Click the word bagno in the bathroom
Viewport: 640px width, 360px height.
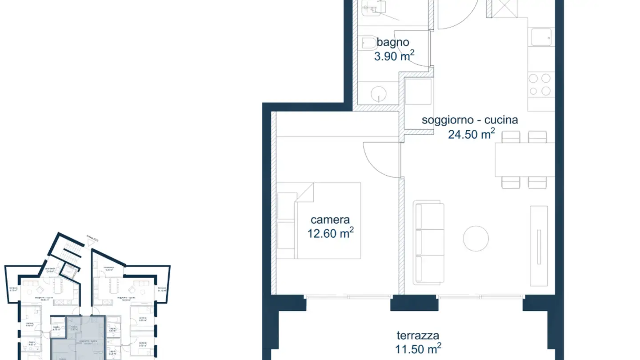393,43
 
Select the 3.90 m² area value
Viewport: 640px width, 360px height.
394,56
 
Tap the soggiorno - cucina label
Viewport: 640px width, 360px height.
470,120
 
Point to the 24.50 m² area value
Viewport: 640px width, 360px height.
471,134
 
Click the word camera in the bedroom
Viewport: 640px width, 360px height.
330,220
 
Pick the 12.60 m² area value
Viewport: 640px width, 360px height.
330,233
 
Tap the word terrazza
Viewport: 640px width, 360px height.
418,336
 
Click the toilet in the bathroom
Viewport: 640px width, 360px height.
368,43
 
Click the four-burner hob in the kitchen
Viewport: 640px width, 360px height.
540,84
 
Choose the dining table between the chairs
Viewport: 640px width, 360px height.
524,160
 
